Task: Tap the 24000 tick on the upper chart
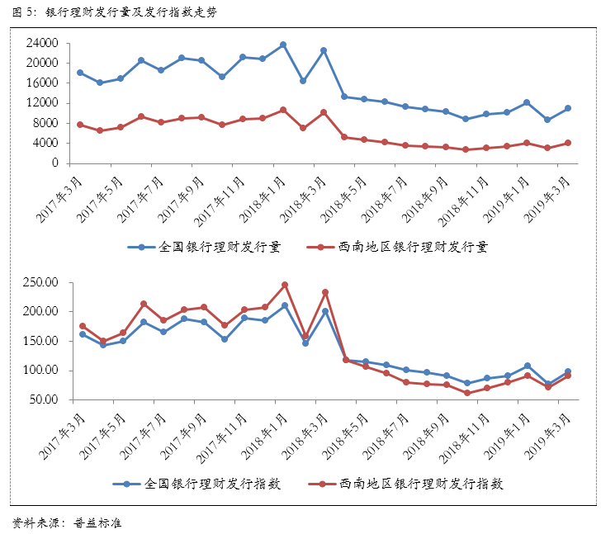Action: pos(41,43)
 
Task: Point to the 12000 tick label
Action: pos(41,103)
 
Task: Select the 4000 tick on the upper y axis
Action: pos(45,143)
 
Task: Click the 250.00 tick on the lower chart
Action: pos(40,282)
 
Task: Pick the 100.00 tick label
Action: pos(40,371)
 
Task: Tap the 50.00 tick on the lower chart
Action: pos(43,399)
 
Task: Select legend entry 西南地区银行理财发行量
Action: pos(401,247)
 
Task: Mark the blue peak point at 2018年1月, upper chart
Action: pos(283,45)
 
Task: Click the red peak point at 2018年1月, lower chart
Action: pos(285,285)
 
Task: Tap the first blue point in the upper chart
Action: pos(80,73)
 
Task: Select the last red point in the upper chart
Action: pos(568,143)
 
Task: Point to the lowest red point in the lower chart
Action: pos(467,393)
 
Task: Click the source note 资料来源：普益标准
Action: pos(68,522)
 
